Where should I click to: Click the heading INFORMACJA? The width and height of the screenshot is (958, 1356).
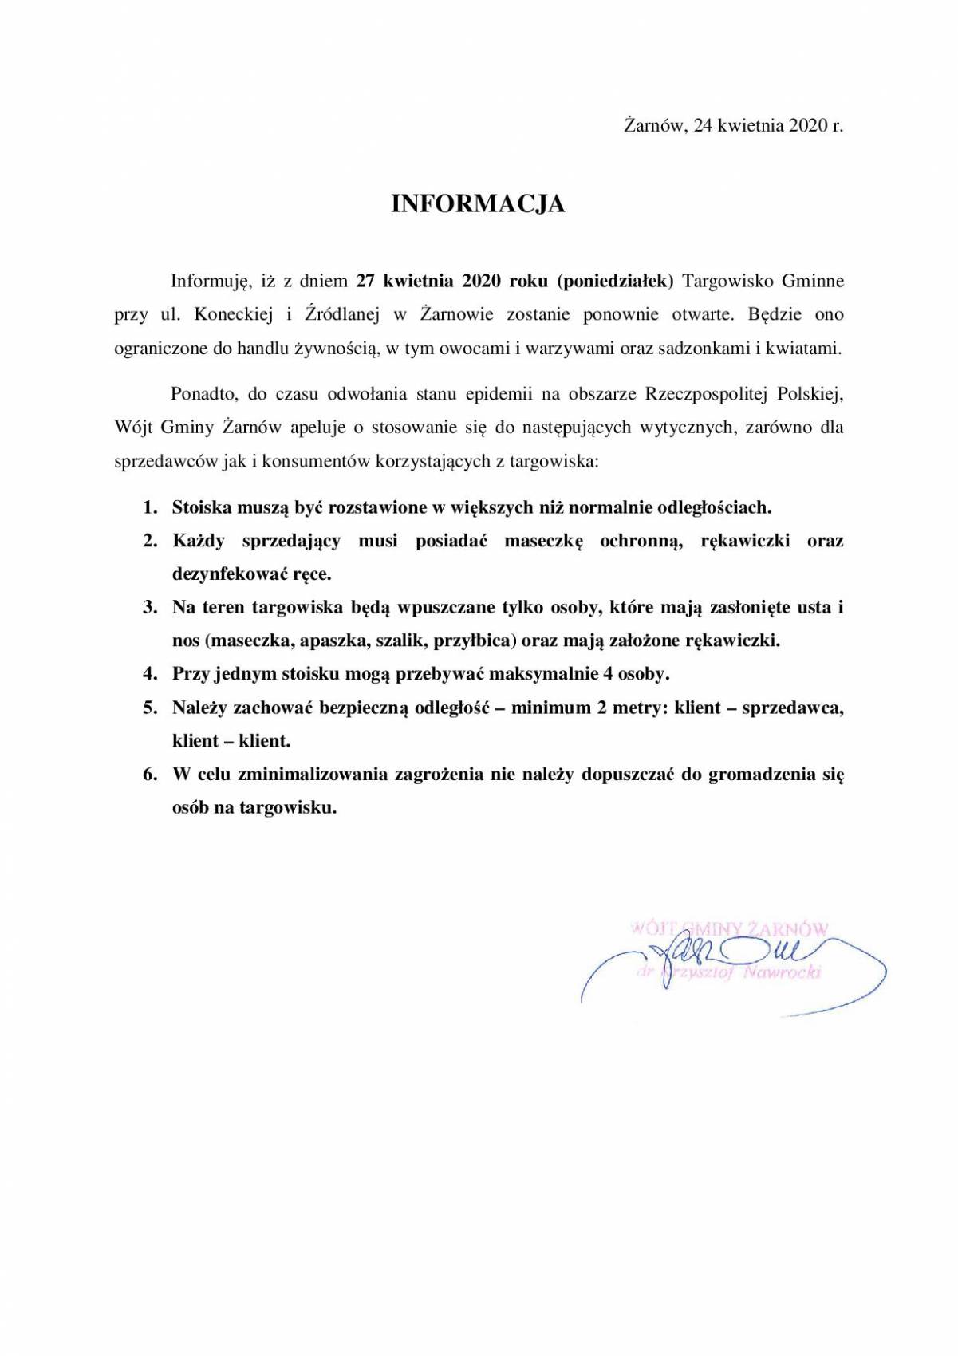click(478, 205)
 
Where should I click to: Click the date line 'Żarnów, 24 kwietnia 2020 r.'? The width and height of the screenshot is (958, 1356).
click(733, 126)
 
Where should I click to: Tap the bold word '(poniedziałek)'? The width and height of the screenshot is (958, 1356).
click(616, 281)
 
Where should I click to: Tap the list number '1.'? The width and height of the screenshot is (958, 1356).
click(151, 507)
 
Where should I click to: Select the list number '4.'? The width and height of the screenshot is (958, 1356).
click(151, 674)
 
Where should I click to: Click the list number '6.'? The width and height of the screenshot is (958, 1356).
click(151, 775)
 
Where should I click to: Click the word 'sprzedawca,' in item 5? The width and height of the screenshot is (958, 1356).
click(793, 708)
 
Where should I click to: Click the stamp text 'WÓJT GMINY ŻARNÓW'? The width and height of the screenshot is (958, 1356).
click(730, 928)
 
